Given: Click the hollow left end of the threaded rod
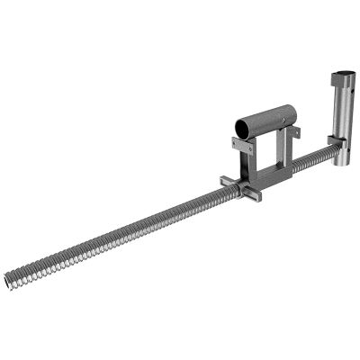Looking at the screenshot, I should point(9,281).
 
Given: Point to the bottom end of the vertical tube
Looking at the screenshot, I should point(342,164).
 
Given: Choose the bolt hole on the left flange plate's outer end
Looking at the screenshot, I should point(236,141).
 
